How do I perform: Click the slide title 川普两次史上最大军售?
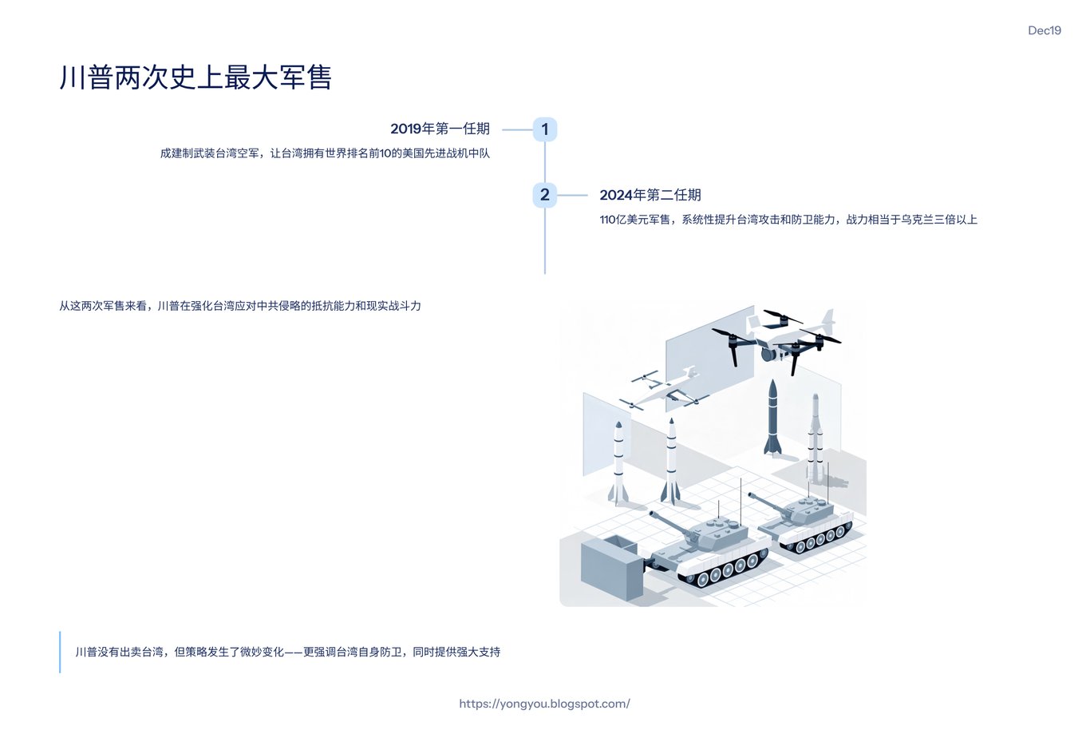195,77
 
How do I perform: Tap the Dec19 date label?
1044,30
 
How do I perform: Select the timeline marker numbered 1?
545,129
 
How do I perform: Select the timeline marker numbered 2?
545,195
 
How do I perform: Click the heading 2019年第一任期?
440,129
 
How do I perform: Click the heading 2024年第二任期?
650,195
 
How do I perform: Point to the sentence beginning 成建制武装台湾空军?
325,153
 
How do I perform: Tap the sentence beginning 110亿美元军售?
788,220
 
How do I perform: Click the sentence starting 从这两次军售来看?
240,306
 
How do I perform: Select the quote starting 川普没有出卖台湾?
288,652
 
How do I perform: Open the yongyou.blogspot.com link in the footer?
544,704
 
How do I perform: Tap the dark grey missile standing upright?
772,417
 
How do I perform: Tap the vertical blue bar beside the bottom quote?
60,652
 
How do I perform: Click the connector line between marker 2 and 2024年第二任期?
572,195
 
